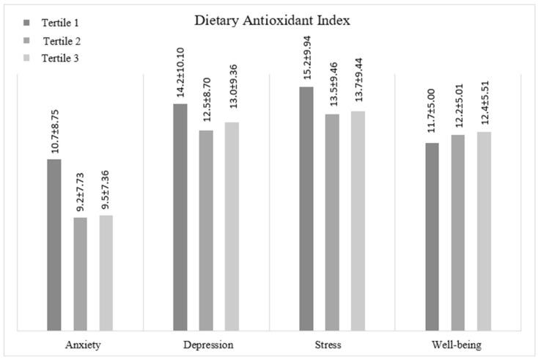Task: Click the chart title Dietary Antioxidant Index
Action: [x=272, y=21]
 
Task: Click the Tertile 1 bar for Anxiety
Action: [x=54, y=245]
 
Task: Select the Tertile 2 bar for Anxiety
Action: [x=80, y=274]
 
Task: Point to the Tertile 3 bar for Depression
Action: [x=232, y=227]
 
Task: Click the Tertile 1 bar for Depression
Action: [x=180, y=217]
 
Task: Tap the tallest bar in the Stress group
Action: [x=306, y=209]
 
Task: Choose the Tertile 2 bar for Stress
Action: [x=332, y=222]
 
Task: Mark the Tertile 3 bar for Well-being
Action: [x=484, y=232]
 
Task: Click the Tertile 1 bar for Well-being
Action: [x=432, y=237]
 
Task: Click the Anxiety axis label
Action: [x=80, y=344]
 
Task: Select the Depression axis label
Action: [x=207, y=344]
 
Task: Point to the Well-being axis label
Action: [x=458, y=344]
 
